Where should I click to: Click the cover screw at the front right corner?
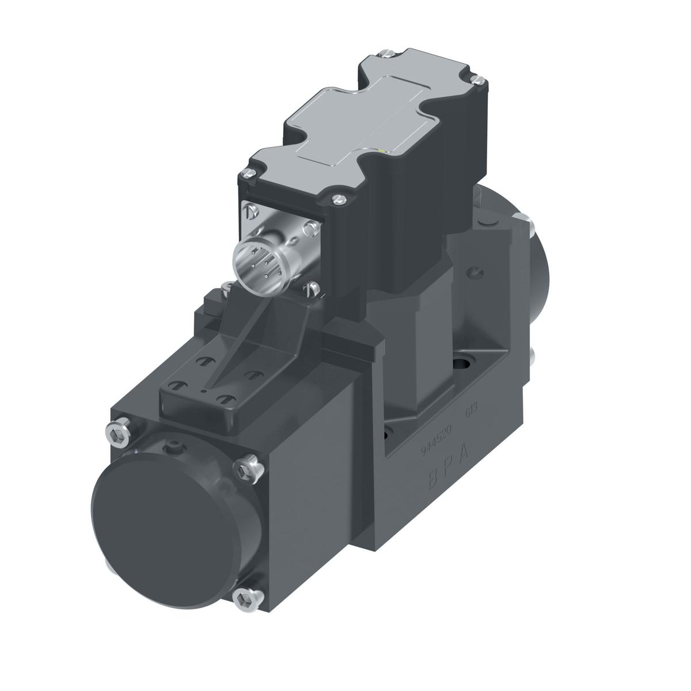pyautogui.click(x=338, y=199)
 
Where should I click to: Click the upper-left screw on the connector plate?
pyautogui.click(x=248, y=211)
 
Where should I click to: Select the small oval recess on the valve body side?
pyautogui.click(x=473, y=271)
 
